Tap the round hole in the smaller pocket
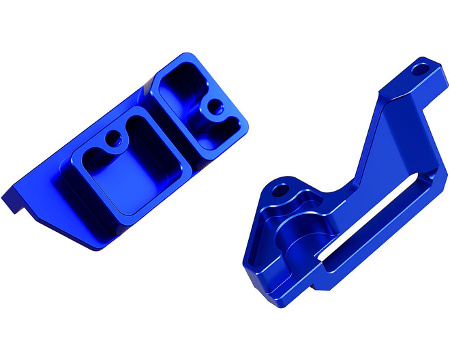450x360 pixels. point(215,107)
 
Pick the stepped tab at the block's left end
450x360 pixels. point(12,198)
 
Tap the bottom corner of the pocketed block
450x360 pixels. point(95,245)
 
